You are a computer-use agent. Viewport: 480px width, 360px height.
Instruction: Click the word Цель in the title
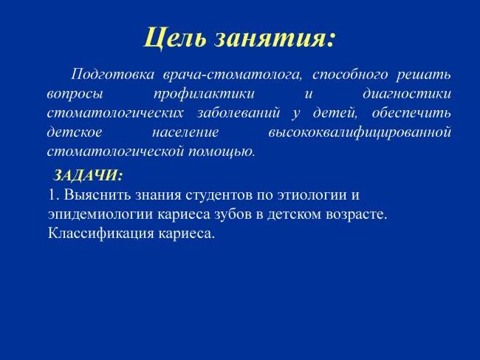pos(175,38)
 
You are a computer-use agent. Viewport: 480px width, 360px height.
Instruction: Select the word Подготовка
pos(113,75)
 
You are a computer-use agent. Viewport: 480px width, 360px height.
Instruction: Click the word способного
pos(350,75)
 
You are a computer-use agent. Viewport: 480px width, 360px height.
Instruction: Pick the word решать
pos(424,75)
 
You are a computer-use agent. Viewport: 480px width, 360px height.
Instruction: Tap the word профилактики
pos(204,94)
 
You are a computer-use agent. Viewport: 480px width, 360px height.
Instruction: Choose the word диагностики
pos(407,94)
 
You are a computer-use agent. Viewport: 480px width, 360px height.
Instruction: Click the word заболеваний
pos(239,113)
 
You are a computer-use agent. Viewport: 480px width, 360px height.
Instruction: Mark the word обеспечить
pos(411,113)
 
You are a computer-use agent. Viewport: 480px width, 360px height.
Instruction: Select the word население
pos(185,132)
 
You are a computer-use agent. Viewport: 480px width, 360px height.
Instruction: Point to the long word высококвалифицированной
pos(360,132)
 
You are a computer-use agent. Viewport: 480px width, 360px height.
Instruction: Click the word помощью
pos(222,152)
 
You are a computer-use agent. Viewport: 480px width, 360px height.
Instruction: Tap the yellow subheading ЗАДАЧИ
pos(88,175)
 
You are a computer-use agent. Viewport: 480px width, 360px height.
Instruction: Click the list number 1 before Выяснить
pos(53,195)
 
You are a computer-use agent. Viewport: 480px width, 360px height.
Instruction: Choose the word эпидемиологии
pos(100,215)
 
